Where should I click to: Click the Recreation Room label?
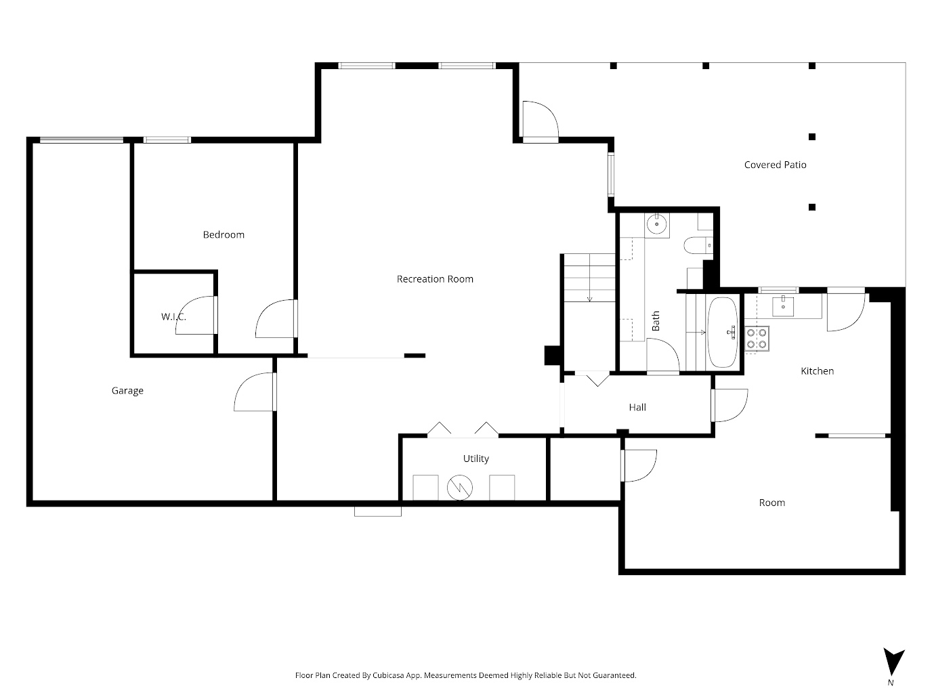point(435,279)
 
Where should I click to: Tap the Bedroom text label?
point(224,235)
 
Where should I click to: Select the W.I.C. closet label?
point(173,317)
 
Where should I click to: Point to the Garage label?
point(127,391)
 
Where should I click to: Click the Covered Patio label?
point(775,165)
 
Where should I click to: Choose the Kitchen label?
point(817,371)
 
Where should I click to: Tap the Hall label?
point(637,407)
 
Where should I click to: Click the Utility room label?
point(475,459)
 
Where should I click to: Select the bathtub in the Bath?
point(723,332)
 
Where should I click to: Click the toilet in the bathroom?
point(696,245)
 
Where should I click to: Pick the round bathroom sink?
point(656,224)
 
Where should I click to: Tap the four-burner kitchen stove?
point(757,338)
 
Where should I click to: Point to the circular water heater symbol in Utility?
point(459,487)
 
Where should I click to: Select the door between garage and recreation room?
point(256,393)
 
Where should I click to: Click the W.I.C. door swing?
point(196,316)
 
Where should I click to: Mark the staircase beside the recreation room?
point(589,278)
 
